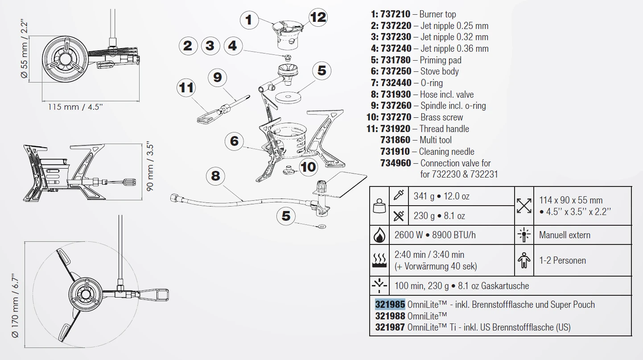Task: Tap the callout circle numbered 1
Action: (x=249, y=20)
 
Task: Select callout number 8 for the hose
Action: (x=215, y=176)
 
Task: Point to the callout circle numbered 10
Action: (x=308, y=167)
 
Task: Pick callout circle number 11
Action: (x=186, y=87)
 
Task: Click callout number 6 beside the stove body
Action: (x=235, y=141)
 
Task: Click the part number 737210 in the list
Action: (x=396, y=14)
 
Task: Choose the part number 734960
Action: (x=396, y=163)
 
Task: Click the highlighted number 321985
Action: (x=390, y=305)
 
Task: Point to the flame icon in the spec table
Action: (x=379, y=235)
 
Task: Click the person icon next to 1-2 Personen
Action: (x=524, y=261)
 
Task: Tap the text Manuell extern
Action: (x=565, y=235)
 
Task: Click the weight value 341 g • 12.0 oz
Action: (x=441, y=196)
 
